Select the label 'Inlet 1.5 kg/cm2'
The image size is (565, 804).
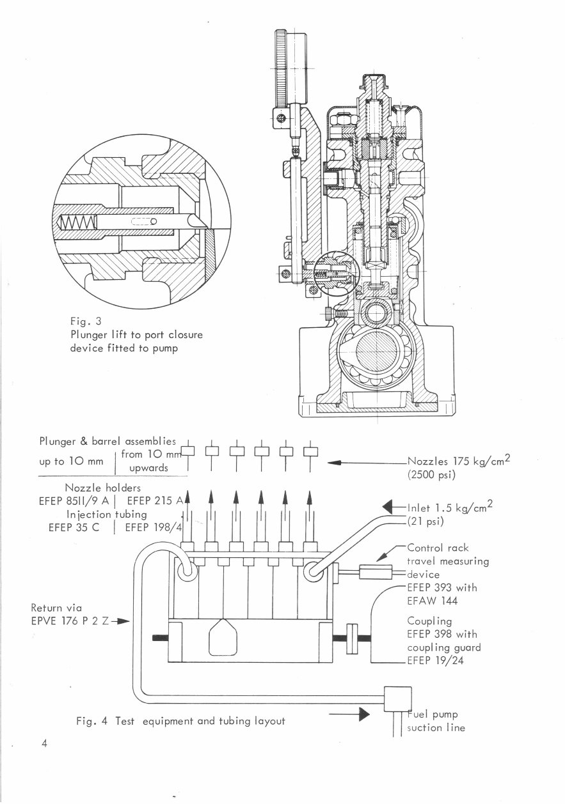[x=449, y=508]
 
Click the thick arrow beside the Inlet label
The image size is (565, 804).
[x=391, y=508]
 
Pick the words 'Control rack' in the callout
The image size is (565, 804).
[x=438, y=548]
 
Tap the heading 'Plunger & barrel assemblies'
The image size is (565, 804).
[x=107, y=441]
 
